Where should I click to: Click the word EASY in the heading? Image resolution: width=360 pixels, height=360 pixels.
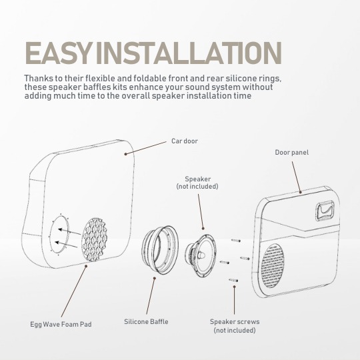tap(57, 53)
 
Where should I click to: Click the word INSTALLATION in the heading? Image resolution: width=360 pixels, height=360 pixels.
tap(189, 53)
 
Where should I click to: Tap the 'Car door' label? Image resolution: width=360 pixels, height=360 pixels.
tap(185, 141)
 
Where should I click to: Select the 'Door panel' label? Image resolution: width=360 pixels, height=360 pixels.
tap(292, 153)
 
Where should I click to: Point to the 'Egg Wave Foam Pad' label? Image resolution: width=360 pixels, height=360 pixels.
tap(61, 325)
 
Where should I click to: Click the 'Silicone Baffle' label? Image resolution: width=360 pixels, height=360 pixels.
tap(146, 321)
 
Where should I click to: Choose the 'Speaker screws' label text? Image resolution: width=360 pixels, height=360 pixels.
tap(235, 321)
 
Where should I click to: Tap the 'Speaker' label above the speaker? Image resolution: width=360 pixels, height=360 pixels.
tap(198, 179)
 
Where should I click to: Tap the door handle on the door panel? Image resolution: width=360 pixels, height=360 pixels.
tap(325, 211)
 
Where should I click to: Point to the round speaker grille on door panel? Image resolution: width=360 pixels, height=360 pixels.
tap(272, 266)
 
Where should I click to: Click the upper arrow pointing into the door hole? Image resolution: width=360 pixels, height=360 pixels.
tap(69, 231)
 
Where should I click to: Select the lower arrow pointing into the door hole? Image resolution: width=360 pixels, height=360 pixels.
tap(67, 245)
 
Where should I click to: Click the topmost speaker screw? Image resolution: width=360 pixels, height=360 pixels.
tap(236, 241)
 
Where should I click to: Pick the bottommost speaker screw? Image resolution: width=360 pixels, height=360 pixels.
tap(233, 280)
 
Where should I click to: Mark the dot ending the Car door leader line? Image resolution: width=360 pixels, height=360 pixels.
tap(125, 154)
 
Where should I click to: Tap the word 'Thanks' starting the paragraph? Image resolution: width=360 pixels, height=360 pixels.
tap(39, 78)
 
